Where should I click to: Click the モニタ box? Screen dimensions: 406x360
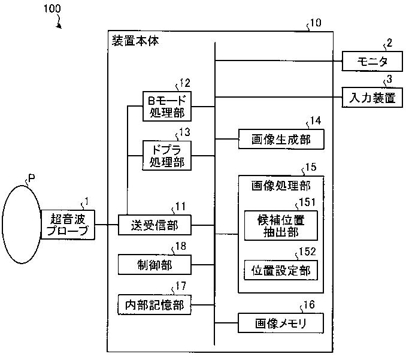[372, 61]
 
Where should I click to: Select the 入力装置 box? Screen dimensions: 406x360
[372, 98]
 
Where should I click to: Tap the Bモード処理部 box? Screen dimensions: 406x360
[167, 106]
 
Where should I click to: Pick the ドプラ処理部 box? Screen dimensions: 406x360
[167, 155]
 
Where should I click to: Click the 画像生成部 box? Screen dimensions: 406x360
[281, 140]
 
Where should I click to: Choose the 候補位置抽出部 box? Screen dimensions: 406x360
[281, 226]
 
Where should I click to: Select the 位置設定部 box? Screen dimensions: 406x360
[281, 270]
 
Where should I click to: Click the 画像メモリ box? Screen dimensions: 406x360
[281, 323]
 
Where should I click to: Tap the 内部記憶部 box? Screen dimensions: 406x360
[154, 304]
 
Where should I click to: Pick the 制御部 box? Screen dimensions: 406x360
[154, 265]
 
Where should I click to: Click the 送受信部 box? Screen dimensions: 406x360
[154, 225]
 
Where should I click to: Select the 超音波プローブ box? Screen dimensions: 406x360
[68, 225]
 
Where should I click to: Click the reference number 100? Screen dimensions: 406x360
[52, 8]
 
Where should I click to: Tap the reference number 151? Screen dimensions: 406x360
[307, 202]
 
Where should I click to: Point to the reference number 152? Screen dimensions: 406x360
[307, 252]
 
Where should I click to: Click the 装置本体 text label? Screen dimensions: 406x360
[135, 41]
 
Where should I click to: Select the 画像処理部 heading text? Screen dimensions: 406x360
[281, 186]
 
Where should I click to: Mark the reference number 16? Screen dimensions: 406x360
[309, 304]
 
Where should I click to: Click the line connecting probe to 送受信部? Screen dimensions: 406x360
[107, 225]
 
